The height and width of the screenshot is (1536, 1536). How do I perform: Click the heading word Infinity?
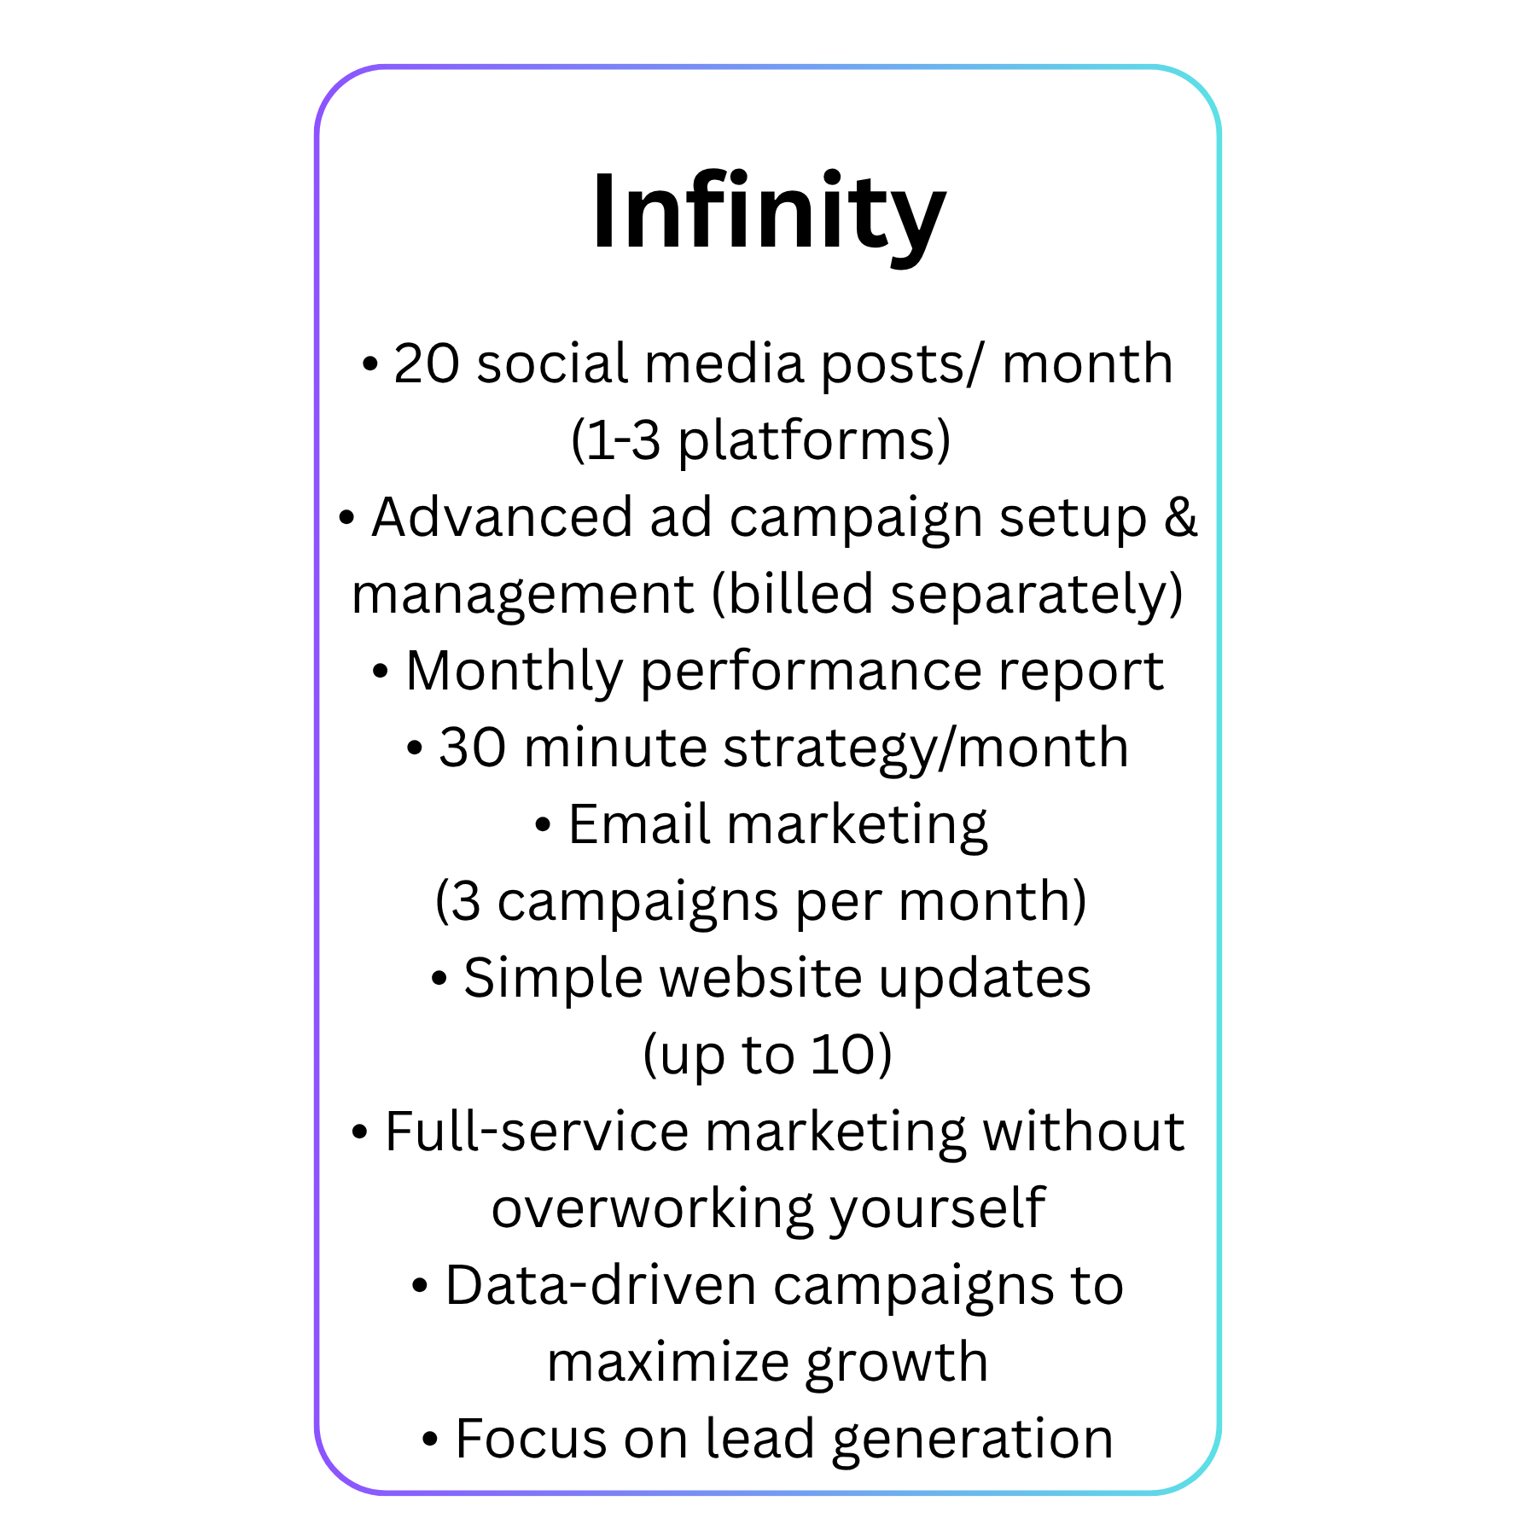[769, 211]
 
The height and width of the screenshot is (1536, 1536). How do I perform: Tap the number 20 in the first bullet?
[426, 364]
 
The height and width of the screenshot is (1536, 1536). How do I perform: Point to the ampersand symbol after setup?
[1181, 517]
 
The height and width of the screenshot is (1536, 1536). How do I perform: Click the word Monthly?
[515, 672]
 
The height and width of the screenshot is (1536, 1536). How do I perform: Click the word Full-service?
[537, 1132]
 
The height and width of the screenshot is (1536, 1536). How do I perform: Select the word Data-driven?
[601, 1286]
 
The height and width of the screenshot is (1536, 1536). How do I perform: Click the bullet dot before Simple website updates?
[439, 980]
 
